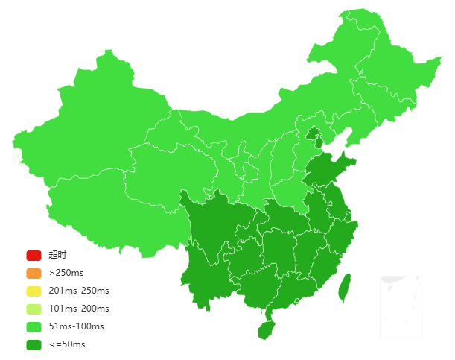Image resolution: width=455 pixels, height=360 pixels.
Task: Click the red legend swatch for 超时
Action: click(x=34, y=255)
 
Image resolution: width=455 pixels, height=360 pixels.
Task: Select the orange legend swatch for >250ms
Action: click(x=34, y=273)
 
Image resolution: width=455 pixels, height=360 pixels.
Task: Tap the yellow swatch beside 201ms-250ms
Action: click(x=34, y=291)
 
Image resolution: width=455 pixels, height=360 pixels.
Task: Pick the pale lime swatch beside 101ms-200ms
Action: click(x=34, y=309)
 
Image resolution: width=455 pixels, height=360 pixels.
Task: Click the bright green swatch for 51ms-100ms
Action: click(x=34, y=326)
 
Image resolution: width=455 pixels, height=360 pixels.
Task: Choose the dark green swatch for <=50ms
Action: click(x=34, y=344)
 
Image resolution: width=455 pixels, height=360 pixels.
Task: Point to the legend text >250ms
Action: click(x=66, y=273)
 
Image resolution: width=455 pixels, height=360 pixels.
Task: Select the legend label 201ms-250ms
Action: click(x=78, y=291)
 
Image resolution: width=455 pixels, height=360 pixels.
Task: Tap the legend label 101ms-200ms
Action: click(x=78, y=309)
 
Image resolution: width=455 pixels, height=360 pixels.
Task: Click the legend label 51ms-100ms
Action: click(x=76, y=326)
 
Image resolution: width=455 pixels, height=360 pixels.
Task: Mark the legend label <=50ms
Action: click(x=67, y=344)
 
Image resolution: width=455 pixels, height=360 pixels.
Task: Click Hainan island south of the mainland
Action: click(x=266, y=328)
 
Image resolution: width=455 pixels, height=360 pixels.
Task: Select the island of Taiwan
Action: click(x=344, y=288)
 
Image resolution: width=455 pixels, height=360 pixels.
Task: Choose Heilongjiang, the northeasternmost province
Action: click(x=372, y=60)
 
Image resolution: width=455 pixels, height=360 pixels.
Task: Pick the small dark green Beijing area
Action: click(x=314, y=135)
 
